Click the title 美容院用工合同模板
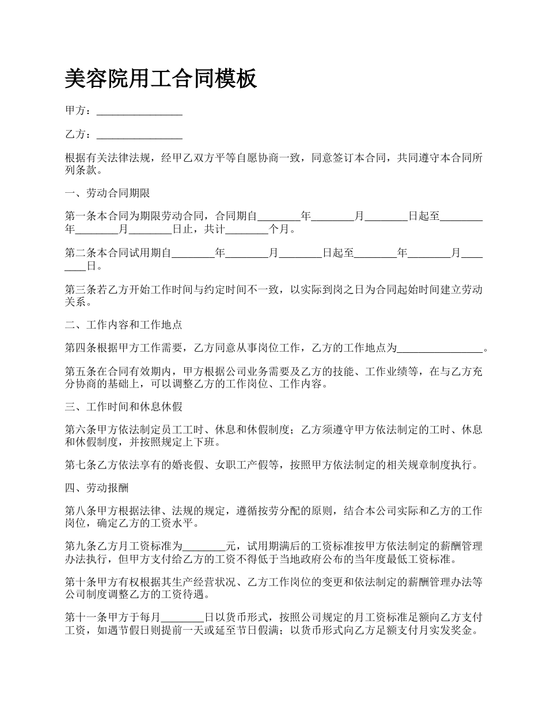pos(161,79)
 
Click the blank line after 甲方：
pos(139,111)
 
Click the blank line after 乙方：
pos(139,135)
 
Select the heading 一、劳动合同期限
pos(108,193)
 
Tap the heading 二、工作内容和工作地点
pos(124,325)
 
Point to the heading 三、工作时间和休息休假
pos(124,407)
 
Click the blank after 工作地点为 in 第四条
pos(440,348)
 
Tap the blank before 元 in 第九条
pos(204,545)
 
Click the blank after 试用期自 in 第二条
pos(193,253)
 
